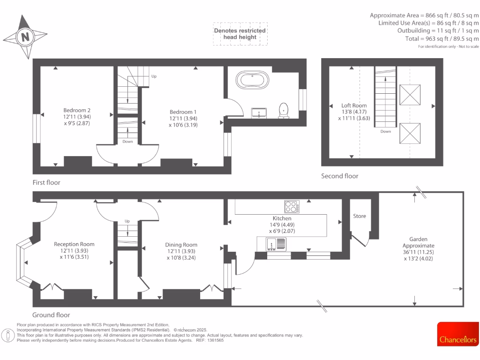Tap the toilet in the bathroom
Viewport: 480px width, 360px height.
click(283, 110)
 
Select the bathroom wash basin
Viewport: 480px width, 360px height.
click(259, 112)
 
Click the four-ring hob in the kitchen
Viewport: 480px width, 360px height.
click(292, 206)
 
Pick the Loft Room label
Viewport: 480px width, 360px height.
click(354, 105)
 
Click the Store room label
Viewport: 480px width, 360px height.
click(360, 216)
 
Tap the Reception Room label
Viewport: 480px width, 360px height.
click(74, 244)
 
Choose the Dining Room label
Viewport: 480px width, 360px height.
click(181, 245)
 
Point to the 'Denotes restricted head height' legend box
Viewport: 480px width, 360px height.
click(240, 34)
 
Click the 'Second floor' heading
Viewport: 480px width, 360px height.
click(339, 176)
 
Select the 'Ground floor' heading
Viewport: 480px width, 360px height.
click(51, 315)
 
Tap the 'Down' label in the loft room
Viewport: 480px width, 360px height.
click(386, 132)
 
